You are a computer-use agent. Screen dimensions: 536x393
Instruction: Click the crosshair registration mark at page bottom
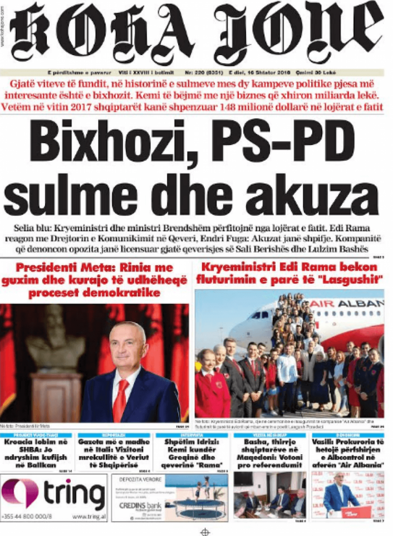point(205,530)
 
